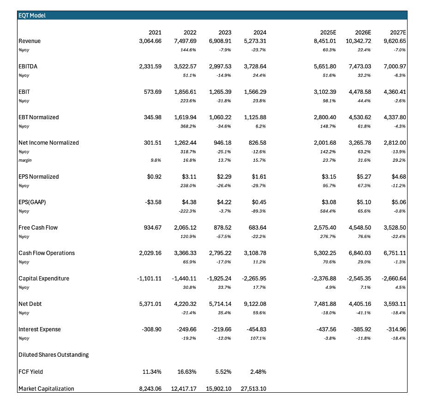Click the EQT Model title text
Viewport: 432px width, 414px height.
pos(32,16)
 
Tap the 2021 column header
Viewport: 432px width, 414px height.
pos(155,32)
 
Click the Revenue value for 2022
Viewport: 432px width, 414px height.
pos(184,41)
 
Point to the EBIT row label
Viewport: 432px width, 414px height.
pos(24,92)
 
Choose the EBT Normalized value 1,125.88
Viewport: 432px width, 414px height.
pos(254,117)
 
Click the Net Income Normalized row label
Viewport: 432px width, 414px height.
pos(48,143)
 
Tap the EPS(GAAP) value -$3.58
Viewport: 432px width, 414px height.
pos(151,202)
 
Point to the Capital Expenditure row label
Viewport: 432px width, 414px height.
pos(43,278)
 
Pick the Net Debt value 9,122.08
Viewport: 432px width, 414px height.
pos(254,304)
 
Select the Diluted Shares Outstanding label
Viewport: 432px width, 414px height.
pos(54,354)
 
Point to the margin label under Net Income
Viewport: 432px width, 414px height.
pos(25,160)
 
